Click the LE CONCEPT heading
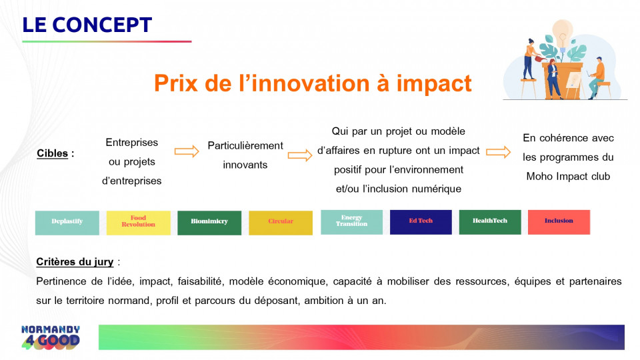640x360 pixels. tap(87, 25)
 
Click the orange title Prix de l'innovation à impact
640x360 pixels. tap(313, 83)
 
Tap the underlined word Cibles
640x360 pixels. tap(52, 153)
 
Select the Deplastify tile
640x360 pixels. tap(67, 223)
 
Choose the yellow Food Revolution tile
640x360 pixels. tap(139, 223)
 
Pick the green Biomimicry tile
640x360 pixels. tap(209, 223)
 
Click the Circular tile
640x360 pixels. tap(281, 223)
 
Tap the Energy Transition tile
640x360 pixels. tap(351, 222)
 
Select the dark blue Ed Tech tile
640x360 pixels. tap(421, 222)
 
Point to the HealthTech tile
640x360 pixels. tap(490, 222)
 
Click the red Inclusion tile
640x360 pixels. tap(559, 222)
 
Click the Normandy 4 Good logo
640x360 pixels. tap(51, 337)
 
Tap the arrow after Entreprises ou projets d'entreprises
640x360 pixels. tap(187, 151)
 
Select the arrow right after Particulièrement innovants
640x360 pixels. tap(300, 155)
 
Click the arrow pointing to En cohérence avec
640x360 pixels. tap(499, 152)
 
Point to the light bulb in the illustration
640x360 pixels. tap(563, 33)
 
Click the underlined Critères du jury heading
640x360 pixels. tap(75, 261)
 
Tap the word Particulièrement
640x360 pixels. tap(245, 146)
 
